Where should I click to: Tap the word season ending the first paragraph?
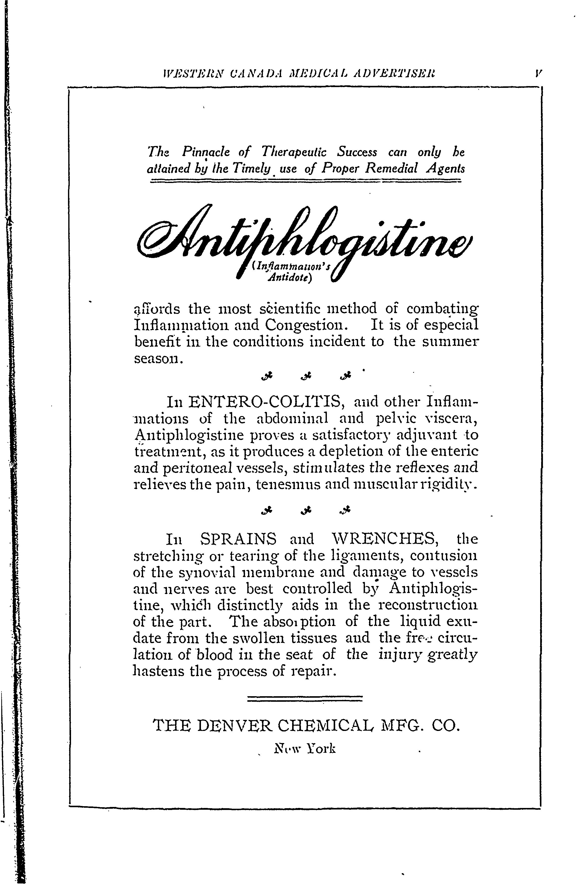coord(157,359)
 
